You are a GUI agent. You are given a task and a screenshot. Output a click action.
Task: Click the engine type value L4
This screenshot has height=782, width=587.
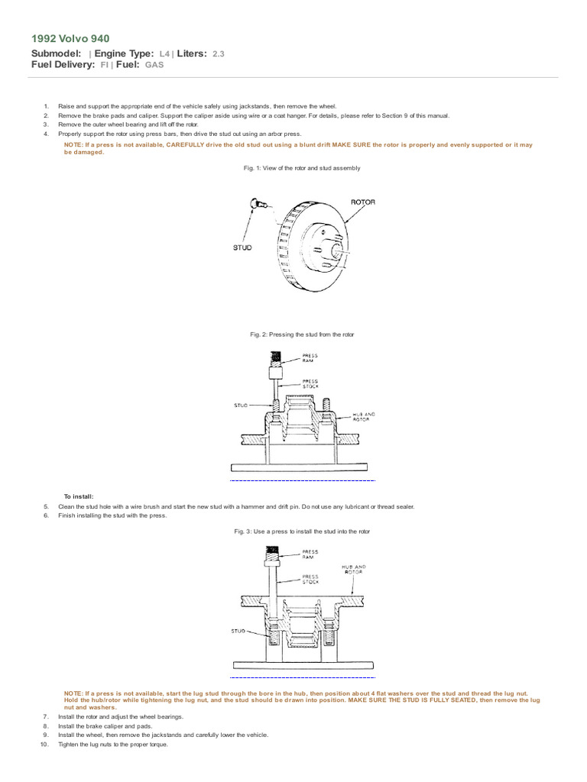tap(164, 54)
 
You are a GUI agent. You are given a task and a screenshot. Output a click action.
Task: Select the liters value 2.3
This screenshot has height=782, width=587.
tap(218, 54)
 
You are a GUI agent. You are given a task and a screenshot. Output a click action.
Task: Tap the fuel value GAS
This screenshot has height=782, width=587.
tap(154, 66)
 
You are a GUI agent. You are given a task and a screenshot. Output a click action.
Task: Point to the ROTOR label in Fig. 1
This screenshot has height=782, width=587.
tap(362, 202)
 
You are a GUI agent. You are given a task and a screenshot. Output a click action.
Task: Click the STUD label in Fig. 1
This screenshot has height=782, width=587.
tap(242, 248)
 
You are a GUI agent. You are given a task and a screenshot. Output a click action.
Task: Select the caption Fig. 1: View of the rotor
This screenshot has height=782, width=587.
tap(300, 168)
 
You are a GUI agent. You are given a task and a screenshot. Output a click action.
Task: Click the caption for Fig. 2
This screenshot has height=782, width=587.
tap(302, 335)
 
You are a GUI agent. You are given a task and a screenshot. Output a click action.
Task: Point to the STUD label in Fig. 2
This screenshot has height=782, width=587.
tap(242, 406)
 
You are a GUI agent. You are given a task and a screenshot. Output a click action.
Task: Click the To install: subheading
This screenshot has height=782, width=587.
tap(79, 496)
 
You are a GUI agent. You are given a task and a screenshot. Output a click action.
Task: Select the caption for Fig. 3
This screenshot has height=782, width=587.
tap(302, 532)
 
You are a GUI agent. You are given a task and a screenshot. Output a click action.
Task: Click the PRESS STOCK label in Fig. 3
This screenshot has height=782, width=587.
tap(310, 579)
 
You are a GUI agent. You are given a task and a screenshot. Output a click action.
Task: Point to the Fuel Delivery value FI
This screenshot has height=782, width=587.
tap(104, 66)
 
